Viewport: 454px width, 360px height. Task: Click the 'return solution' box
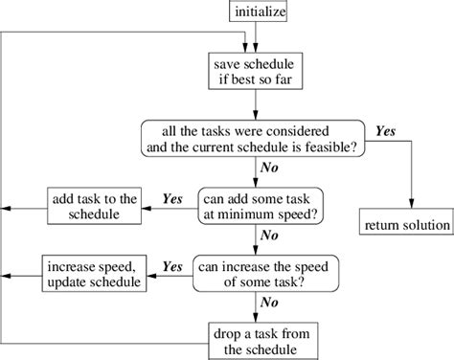click(406, 226)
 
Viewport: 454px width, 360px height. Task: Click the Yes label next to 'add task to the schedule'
click(172, 199)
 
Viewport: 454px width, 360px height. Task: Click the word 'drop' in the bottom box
click(228, 331)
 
